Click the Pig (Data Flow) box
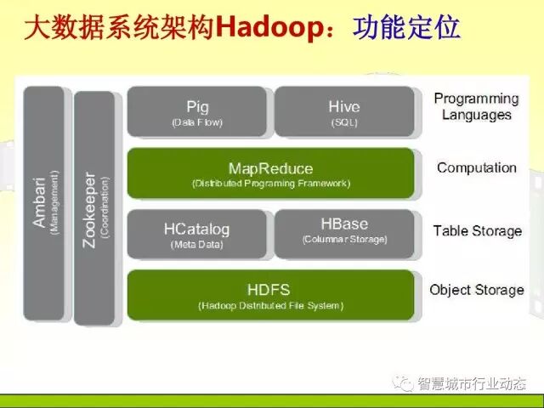point(197,112)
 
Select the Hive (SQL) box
point(343,112)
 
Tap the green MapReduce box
point(270,173)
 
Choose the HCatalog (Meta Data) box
point(197,234)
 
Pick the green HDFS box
point(270,295)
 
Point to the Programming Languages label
point(476,106)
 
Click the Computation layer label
point(476,167)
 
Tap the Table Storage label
point(477,230)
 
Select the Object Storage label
point(476,290)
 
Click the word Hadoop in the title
point(271,28)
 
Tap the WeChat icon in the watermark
point(401,383)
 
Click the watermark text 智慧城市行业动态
point(471,384)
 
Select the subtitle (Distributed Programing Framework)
point(270,184)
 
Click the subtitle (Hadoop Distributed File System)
point(270,305)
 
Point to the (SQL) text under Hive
point(343,122)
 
